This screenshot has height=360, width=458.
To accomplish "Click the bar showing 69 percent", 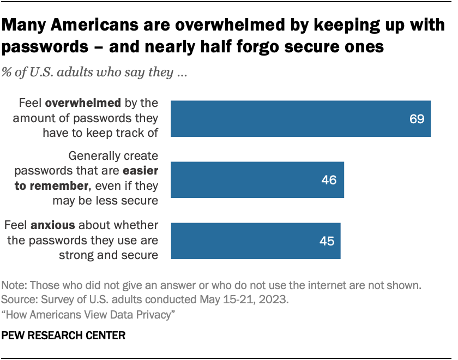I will pyautogui.click(x=301, y=118).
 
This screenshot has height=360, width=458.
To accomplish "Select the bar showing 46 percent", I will pyautogui.click(x=257, y=179).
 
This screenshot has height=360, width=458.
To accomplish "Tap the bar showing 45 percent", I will pyautogui.click(x=256, y=241).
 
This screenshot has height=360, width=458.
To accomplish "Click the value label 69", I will pyautogui.click(x=417, y=119).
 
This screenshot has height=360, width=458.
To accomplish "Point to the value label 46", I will pyautogui.click(x=329, y=180).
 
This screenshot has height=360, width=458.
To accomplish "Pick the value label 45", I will pyautogui.click(x=326, y=241).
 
